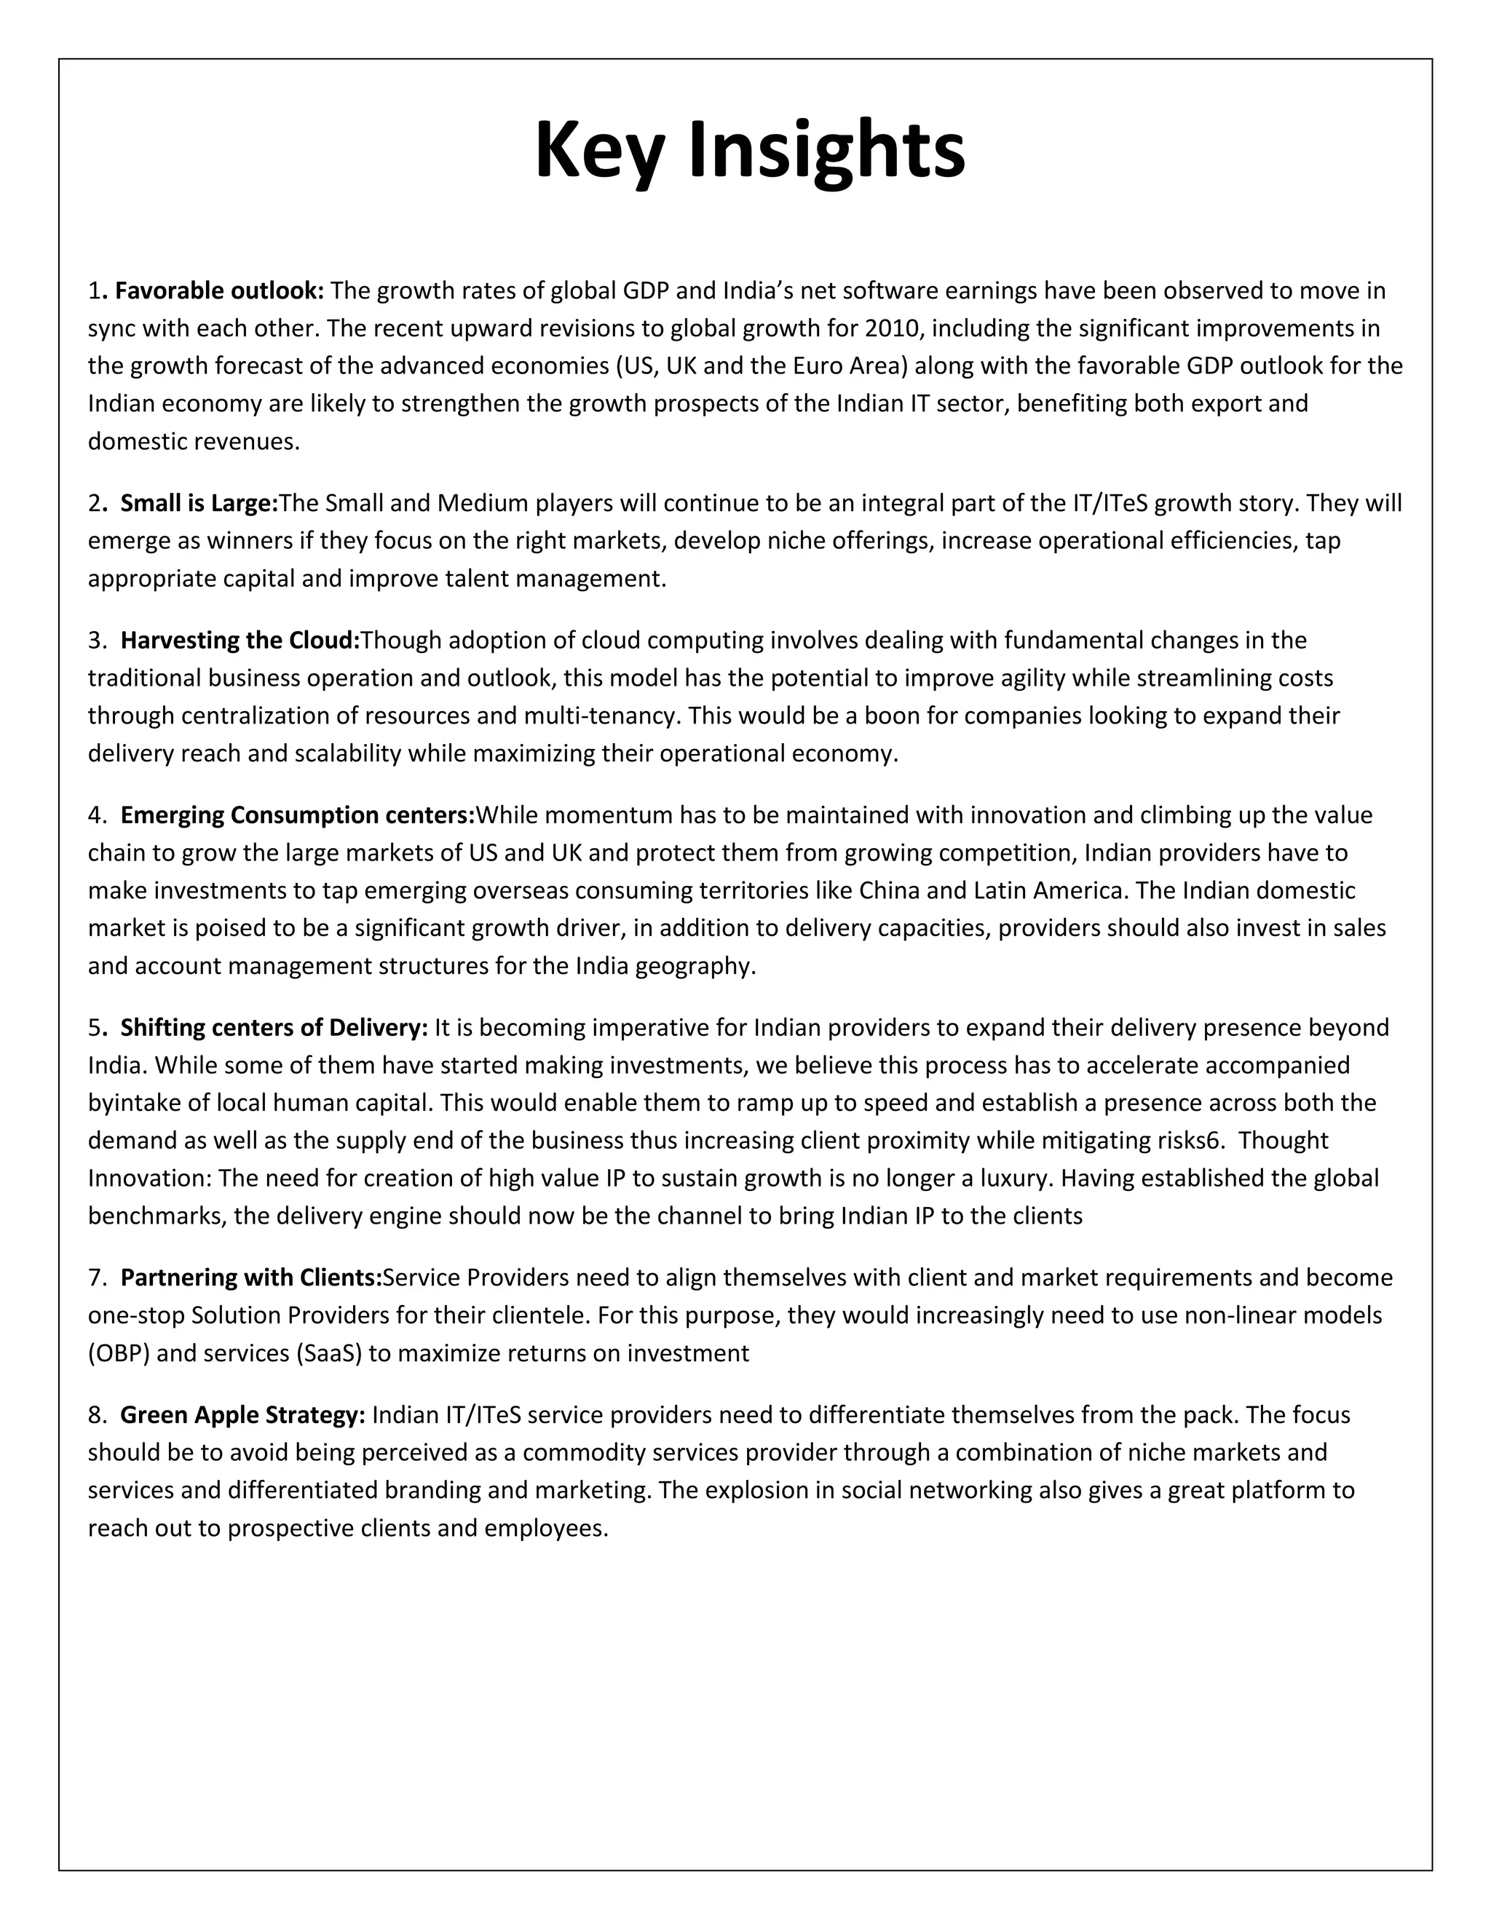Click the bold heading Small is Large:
[199, 504]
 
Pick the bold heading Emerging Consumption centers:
[298, 815]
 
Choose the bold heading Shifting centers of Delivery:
[274, 1028]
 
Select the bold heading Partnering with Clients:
[251, 1278]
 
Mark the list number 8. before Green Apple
[96, 1416]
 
